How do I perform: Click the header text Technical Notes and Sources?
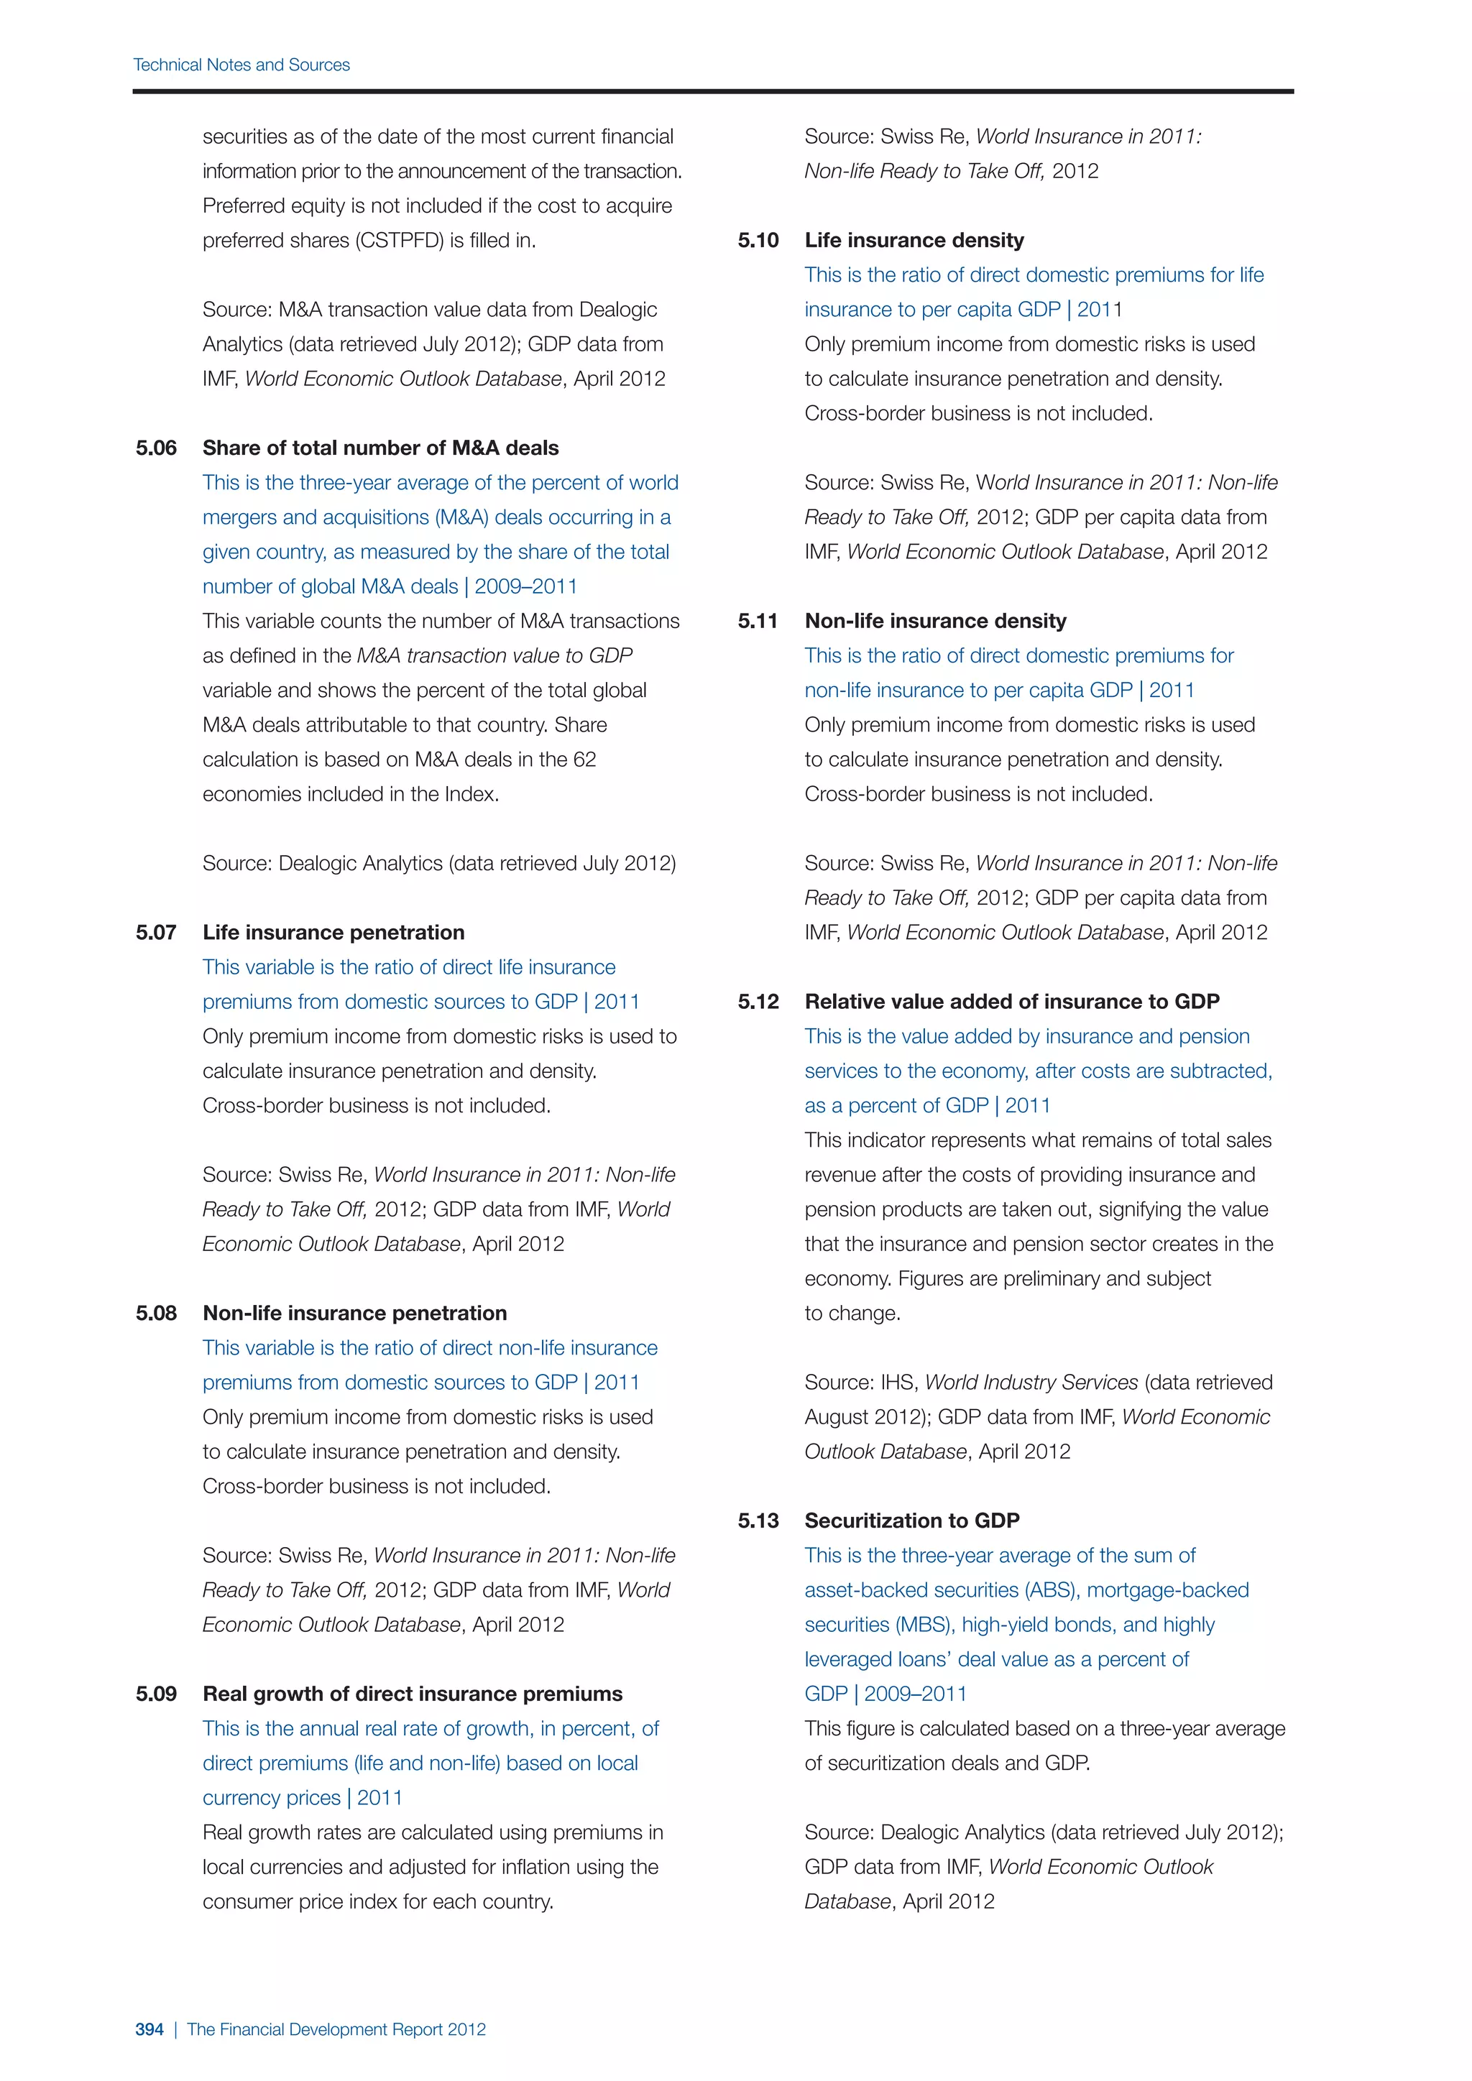click(x=241, y=65)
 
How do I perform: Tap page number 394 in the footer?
click(x=149, y=2029)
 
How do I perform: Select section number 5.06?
click(x=156, y=448)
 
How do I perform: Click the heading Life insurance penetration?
click(x=333, y=933)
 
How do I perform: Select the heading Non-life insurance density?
click(x=935, y=621)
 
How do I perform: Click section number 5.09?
click(x=156, y=1694)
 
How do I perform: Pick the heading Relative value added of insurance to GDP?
click(x=1011, y=1002)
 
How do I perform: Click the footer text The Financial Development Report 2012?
click(x=336, y=2029)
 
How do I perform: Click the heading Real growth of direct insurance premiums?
click(x=413, y=1694)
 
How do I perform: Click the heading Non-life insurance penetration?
click(x=354, y=1314)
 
